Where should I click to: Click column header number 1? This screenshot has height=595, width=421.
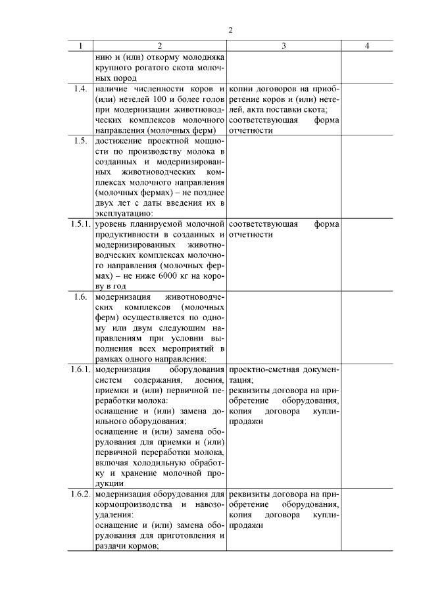80,46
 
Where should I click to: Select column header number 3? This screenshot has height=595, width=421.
284,46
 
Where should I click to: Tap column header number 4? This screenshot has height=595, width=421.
367,46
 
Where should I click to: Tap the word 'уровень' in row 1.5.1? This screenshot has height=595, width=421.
112,224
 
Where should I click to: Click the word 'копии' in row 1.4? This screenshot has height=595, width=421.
242,89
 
